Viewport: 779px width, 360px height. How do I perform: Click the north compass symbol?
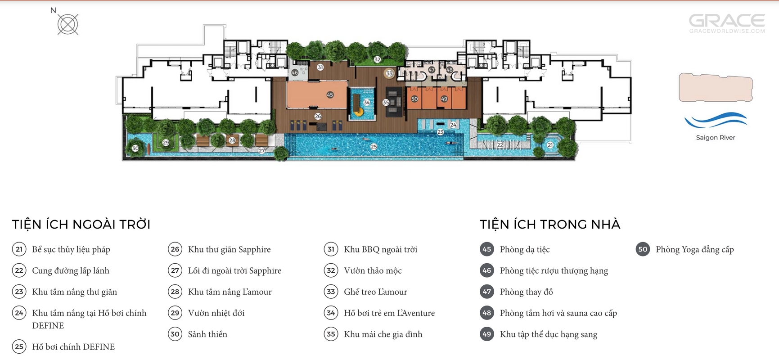click(68, 24)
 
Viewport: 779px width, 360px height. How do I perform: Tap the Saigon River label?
click(716, 138)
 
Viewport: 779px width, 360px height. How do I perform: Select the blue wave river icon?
click(716, 121)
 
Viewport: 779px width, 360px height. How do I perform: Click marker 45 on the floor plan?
click(330, 95)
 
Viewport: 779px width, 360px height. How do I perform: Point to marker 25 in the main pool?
click(374, 147)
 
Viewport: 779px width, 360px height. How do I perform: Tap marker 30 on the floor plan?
click(135, 148)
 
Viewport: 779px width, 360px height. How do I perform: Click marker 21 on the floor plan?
click(550, 145)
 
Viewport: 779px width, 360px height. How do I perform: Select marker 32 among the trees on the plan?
click(377, 59)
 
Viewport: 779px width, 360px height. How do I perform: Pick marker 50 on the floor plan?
click(414, 99)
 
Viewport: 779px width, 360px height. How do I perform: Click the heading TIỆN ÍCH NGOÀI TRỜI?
click(81, 225)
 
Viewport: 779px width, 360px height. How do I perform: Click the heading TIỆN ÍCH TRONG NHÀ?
click(550, 225)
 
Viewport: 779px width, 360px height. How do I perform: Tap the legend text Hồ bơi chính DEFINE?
click(73, 347)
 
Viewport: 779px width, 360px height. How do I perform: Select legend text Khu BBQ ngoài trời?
click(381, 249)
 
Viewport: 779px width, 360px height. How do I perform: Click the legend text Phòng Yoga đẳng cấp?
click(695, 249)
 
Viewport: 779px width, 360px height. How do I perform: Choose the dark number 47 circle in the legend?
click(487, 292)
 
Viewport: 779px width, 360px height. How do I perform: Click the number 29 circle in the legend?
click(175, 313)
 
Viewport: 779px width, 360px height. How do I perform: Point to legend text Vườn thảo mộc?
click(373, 270)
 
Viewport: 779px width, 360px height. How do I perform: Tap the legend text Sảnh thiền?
click(207, 334)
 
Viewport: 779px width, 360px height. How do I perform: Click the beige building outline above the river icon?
click(716, 87)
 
